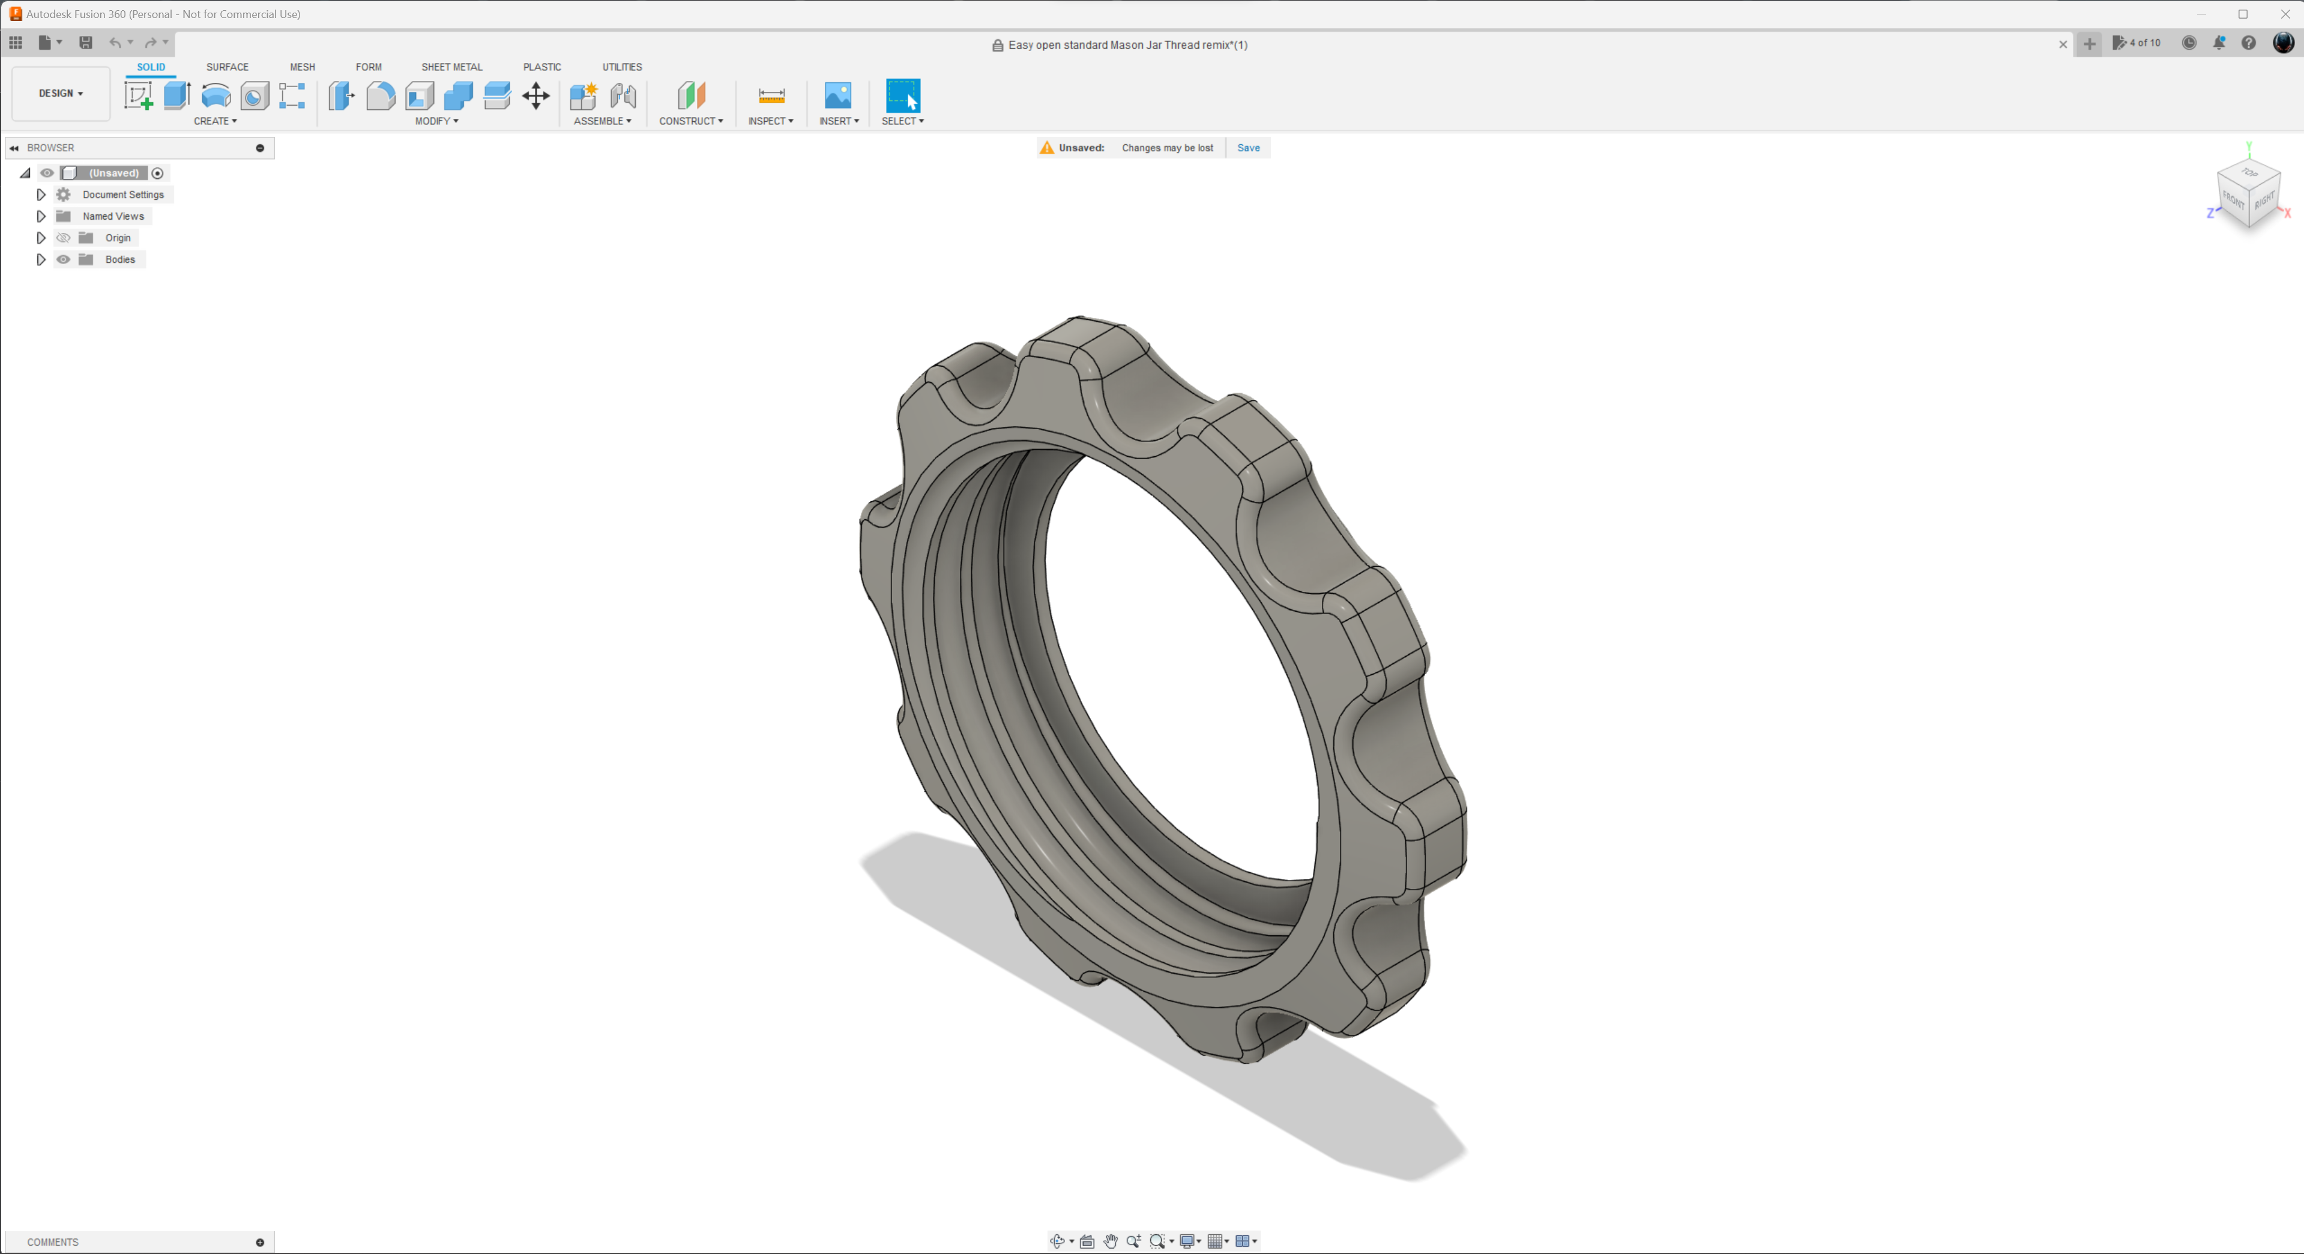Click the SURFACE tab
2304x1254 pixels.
click(227, 67)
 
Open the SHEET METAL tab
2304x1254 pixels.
click(451, 67)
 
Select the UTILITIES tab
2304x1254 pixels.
click(621, 67)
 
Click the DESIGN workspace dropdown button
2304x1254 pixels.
click(61, 93)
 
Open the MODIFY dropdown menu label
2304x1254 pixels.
click(436, 121)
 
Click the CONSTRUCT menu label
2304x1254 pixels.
click(690, 121)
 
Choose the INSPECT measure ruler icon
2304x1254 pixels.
click(771, 95)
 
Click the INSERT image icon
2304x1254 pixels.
click(838, 95)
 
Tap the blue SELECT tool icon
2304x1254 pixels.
click(902, 95)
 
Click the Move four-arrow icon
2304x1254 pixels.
click(535, 95)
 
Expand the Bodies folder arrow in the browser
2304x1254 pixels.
click(40, 259)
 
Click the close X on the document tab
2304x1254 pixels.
click(2063, 45)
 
